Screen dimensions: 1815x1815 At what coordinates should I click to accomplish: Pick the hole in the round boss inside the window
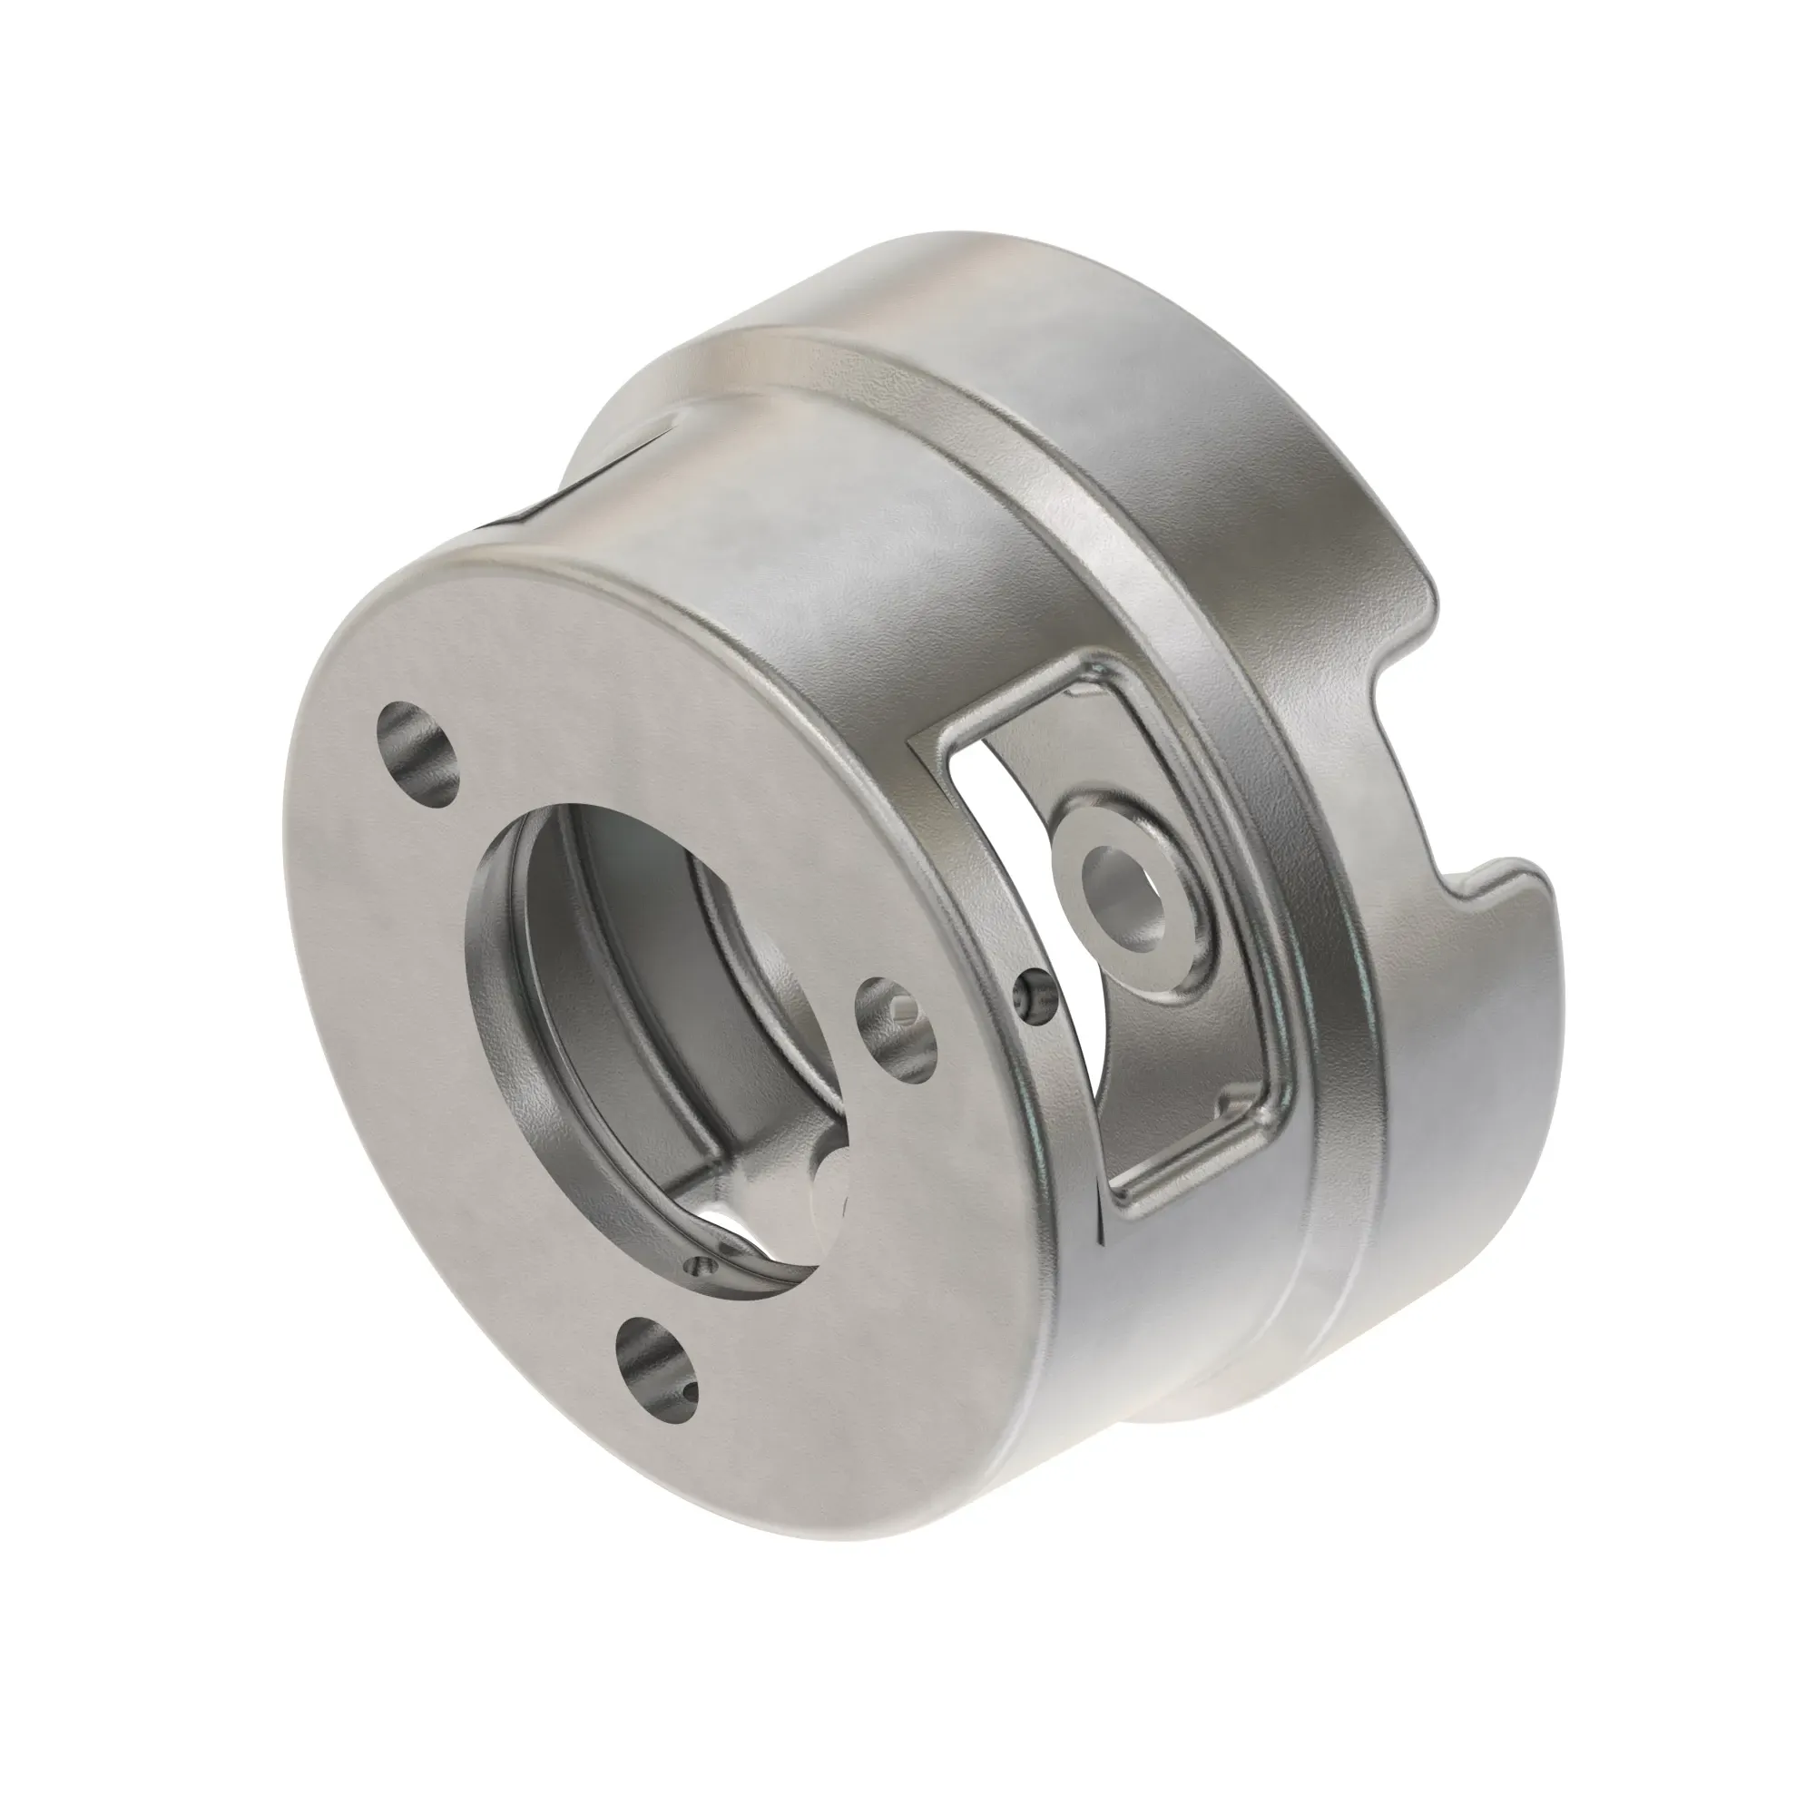1123,881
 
